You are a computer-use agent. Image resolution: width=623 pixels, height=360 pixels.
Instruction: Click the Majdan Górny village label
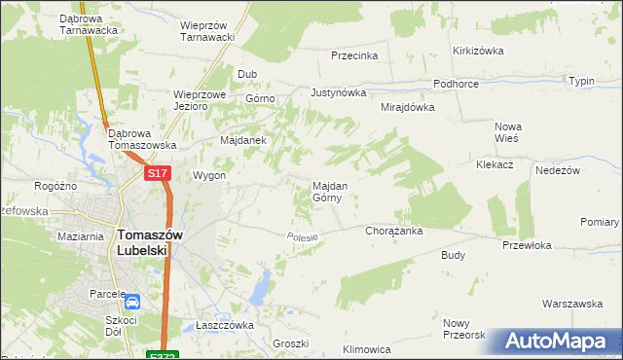[326, 191]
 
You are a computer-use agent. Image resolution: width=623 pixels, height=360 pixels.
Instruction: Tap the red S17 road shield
[159, 173]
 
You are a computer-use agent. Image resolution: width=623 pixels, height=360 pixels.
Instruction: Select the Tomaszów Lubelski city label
[143, 241]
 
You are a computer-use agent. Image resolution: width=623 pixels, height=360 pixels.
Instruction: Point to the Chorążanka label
[392, 232]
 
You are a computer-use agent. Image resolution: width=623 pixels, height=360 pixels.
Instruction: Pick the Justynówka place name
[338, 93]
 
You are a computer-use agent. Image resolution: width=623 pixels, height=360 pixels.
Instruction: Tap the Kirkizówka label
[477, 51]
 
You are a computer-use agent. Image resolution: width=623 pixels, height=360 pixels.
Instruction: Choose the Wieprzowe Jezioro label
[200, 100]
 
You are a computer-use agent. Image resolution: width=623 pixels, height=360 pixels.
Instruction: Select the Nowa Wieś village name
[508, 132]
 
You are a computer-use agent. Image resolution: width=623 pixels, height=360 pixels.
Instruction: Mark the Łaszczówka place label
[224, 325]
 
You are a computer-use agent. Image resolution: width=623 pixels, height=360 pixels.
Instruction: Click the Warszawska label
[572, 304]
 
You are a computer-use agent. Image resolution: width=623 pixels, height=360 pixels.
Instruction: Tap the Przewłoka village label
[527, 246]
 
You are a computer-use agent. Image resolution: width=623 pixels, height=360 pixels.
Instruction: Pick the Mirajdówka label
[407, 107]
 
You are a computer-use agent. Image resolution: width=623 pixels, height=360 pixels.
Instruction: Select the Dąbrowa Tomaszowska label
[142, 139]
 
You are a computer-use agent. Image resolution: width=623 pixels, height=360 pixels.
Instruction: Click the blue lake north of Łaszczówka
[260, 286]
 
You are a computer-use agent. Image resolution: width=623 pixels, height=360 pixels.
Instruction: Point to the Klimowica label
[367, 348]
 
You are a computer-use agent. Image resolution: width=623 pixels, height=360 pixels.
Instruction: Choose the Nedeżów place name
[558, 170]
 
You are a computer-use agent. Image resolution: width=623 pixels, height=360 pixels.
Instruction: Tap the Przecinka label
[354, 55]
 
